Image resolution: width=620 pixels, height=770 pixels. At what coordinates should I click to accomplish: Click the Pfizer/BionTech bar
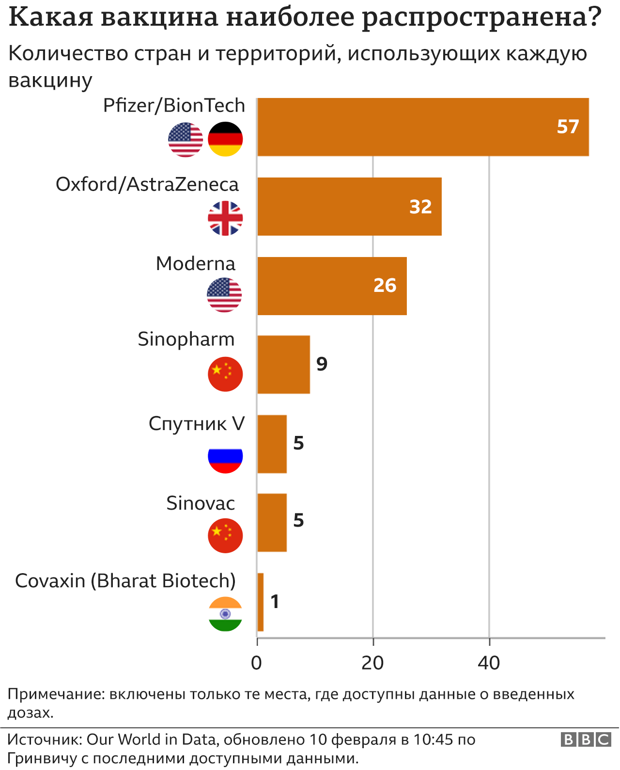[x=422, y=127]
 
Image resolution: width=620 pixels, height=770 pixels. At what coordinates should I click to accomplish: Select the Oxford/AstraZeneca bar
[x=349, y=207]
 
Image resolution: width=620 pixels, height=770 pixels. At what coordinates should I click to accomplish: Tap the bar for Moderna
[x=331, y=286]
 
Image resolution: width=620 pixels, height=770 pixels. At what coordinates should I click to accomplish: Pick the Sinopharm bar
[x=283, y=365]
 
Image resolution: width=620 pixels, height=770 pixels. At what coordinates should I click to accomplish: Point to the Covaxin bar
[x=260, y=602]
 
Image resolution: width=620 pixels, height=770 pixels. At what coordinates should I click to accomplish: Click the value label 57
[x=568, y=127]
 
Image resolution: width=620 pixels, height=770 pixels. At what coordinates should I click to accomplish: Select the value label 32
[x=420, y=207]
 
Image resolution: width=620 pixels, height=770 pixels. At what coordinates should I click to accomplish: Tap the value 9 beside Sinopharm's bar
[x=322, y=364]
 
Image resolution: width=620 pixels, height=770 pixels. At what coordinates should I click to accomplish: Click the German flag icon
[x=225, y=139]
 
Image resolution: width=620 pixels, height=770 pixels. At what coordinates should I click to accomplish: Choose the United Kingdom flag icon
[x=225, y=218]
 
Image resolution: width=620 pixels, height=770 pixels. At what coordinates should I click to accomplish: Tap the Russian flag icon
[x=225, y=456]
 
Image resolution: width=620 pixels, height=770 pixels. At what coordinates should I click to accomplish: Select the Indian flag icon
[x=225, y=614]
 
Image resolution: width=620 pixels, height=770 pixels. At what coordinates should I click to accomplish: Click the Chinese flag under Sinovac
[x=225, y=535]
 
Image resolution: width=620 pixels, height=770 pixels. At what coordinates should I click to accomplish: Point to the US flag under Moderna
[x=224, y=295]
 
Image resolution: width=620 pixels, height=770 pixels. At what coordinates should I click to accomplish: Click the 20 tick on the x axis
[x=372, y=663]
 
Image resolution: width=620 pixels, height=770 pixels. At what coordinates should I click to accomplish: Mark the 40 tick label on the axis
[x=489, y=663]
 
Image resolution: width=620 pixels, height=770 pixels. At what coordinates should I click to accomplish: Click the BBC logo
[x=586, y=739]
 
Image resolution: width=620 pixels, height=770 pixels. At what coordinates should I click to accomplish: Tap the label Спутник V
[x=197, y=424]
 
